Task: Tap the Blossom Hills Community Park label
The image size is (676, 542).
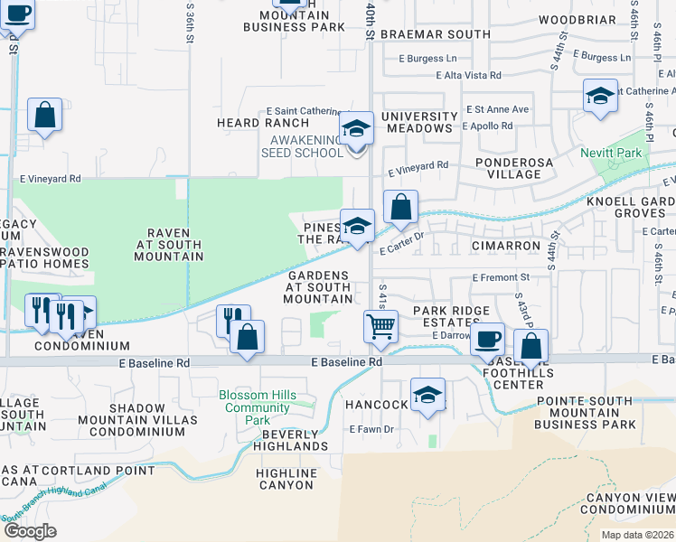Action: point(257,407)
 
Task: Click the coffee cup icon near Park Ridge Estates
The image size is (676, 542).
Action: point(488,339)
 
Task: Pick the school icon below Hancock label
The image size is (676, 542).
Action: point(427,394)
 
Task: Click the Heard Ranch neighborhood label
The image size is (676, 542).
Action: point(250,122)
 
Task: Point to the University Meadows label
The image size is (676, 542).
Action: point(419,122)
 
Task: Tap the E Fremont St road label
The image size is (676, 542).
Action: point(501,277)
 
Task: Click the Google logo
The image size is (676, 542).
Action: point(30,531)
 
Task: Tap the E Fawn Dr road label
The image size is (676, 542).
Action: point(371,429)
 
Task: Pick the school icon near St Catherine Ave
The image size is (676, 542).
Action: point(600,95)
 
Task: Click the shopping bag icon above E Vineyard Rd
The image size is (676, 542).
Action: point(44,115)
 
